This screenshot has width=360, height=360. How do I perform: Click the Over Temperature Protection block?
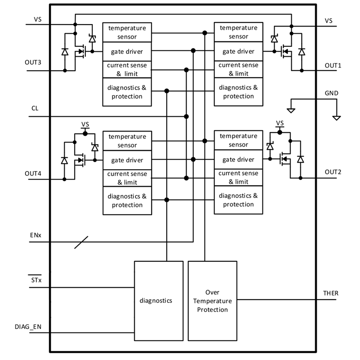(212, 300)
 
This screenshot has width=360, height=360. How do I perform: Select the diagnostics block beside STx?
(158, 300)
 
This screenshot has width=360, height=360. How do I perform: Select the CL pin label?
(35, 108)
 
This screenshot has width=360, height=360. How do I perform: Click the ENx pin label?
(35, 235)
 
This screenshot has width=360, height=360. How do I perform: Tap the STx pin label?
(36, 280)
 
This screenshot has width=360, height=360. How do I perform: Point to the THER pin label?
(331, 293)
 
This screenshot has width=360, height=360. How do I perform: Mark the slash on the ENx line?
(81, 242)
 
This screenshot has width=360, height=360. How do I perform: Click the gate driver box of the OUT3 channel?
(127, 51)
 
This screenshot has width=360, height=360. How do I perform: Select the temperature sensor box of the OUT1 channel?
(238, 32)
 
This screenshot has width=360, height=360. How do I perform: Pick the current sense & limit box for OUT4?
(127, 178)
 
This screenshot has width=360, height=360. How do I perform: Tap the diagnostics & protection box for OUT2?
(238, 200)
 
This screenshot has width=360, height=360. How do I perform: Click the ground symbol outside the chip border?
(337, 117)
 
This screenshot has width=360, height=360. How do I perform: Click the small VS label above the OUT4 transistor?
(85, 125)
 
